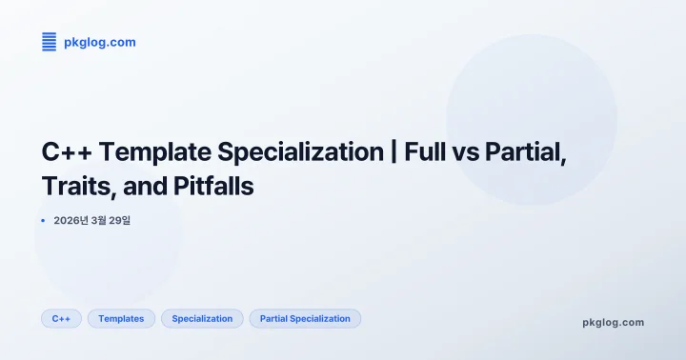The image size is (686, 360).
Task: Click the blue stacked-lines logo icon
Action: (50, 42)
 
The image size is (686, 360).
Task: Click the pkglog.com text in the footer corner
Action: (613, 322)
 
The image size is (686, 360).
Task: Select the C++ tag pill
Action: (61, 318)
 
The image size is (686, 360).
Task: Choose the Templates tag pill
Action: (121, 318)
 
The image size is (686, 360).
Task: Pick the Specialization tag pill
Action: (202, 318)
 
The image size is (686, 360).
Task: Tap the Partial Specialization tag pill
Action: (305, 318)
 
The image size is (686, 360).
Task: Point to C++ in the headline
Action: (68, 151)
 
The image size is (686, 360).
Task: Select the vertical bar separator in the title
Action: (393, 151)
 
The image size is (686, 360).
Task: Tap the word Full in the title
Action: (425, 151)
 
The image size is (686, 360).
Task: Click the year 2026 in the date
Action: (68, 221)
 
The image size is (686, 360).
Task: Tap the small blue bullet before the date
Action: (44, 221)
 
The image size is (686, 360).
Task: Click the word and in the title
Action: (140, 186)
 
